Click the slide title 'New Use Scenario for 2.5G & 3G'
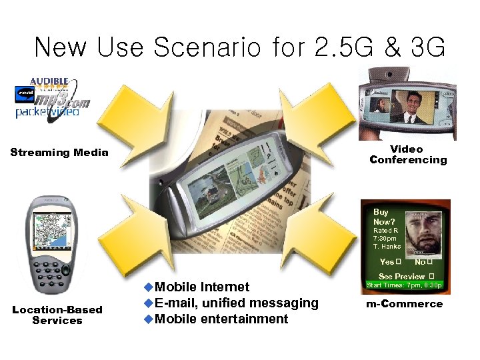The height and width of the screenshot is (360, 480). point(239,47)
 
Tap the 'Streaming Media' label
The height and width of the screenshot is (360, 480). point(59,153)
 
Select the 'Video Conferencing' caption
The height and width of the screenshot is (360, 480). point(407,155)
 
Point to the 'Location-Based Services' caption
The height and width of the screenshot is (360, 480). point(57,315)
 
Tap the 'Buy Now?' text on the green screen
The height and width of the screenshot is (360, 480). point(384,217)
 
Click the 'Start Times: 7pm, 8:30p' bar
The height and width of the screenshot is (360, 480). point(405,286)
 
